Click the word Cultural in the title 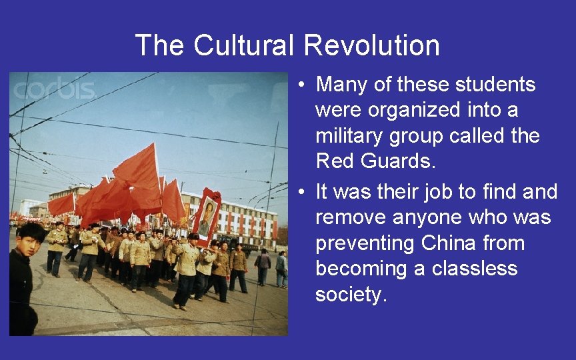(243, 46)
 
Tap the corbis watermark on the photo (55, 89)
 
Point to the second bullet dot (302, 193)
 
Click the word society (350, 295)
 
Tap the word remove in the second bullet (353, 218)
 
